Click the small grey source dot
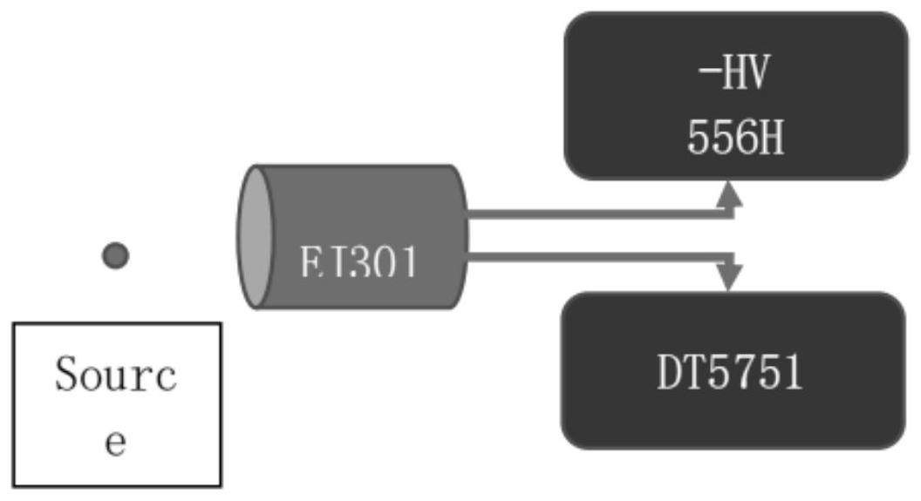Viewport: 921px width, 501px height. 115,255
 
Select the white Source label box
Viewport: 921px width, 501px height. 117,403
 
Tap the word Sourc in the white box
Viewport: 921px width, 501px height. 116,376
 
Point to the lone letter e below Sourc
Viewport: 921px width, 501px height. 116,441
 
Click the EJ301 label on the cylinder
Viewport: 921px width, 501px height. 358,262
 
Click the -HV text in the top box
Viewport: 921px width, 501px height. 735,76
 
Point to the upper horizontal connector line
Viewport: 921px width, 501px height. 597,213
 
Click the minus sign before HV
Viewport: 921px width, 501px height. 707,75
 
